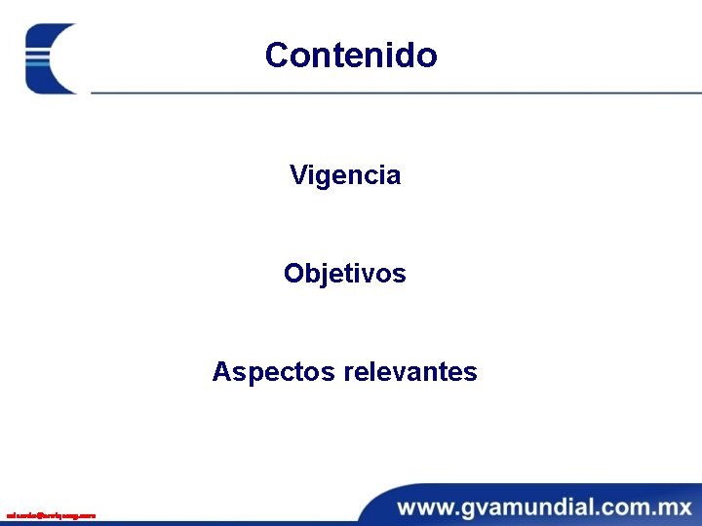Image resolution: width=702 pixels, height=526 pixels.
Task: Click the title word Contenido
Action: [351, 55]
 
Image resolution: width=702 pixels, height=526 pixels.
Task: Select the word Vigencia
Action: [345, 175]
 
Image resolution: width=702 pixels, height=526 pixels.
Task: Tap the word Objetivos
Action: [345, 274]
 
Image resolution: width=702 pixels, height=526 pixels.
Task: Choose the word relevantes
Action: [410, 372]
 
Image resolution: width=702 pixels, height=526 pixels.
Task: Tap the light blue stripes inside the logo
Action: [38, 58]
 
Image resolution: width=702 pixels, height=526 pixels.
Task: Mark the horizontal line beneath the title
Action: [390, 93]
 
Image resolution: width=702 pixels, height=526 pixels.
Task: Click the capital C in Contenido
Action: [277, 55]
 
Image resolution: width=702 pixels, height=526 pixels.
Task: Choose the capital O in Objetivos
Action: [293, 274]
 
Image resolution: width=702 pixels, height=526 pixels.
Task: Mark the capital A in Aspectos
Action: [221, 372]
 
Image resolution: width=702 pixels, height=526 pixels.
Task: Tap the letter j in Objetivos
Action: [320, 276]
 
